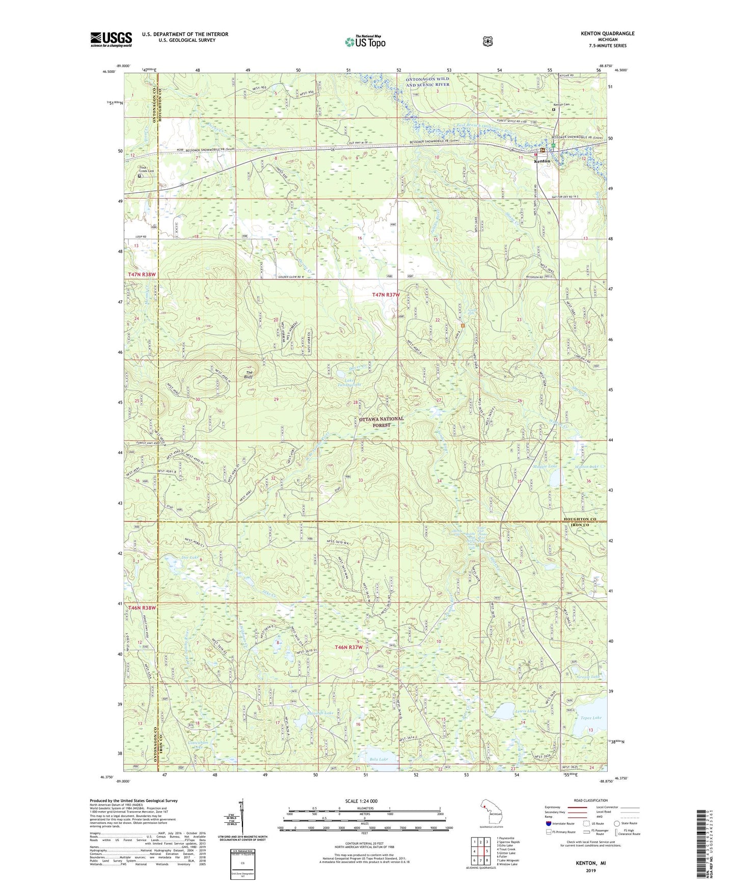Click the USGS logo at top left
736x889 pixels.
pos(111,39)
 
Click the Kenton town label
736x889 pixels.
pos(541,161)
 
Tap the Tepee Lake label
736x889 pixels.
pos(591,718)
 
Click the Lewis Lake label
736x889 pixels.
pos(525,711)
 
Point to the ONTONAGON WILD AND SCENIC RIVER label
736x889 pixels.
pos(427,82)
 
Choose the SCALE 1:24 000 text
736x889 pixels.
pos(361,801)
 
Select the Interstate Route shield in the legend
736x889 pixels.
pos(548,823)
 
